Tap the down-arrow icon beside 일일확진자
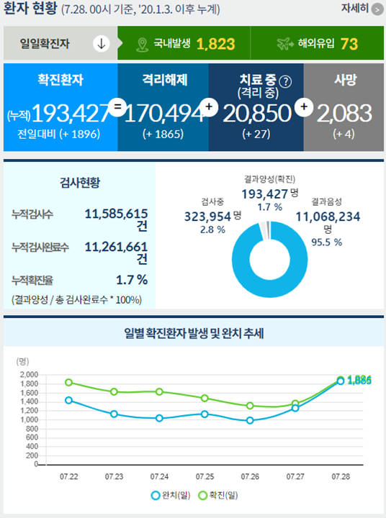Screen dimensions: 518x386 click(x=101, y=44)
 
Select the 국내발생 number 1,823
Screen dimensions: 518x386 click(x=215, y=44)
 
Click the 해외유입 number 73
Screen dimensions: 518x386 click(x=349, y=44)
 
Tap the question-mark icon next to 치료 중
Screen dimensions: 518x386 click(x=286, y=81)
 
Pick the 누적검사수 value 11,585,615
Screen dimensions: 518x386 click(x=115, y=214)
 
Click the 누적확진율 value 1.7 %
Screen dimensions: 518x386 click(x=131, y=279)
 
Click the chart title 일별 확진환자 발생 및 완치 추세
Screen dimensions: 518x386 click(x=193, y=334)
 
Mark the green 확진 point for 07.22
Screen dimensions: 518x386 click(x=69, y=383)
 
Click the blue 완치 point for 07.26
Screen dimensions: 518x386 click(x=250, y=420)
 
